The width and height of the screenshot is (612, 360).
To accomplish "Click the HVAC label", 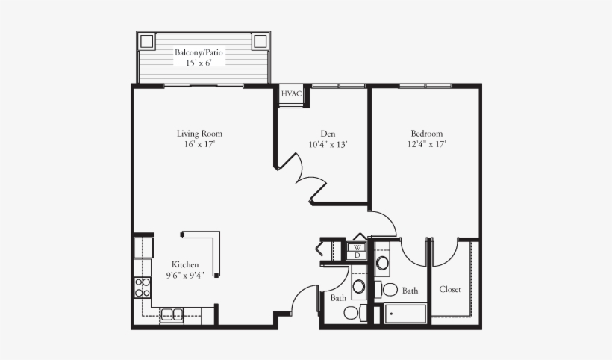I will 291,94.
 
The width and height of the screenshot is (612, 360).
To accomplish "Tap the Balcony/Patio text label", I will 199,53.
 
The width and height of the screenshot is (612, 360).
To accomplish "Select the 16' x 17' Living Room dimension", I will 199,145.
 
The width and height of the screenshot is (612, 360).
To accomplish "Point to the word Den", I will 328,134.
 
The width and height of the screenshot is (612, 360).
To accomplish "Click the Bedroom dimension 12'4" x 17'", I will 427,145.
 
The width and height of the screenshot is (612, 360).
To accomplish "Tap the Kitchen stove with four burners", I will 142,287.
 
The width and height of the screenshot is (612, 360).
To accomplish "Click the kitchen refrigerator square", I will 143,247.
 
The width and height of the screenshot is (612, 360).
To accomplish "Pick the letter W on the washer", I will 357,246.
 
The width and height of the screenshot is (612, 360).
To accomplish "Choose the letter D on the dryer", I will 357,255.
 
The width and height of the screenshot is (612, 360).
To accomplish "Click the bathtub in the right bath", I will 405,314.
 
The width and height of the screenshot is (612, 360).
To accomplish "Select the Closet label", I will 450,289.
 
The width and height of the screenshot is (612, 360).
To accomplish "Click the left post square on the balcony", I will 146,40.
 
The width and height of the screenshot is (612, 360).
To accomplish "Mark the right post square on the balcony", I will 260,40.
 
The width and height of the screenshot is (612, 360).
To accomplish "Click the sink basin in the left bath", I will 359,286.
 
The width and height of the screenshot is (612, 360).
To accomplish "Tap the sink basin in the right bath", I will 382,263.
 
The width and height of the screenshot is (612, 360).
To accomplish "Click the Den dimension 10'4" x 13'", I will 328,145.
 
